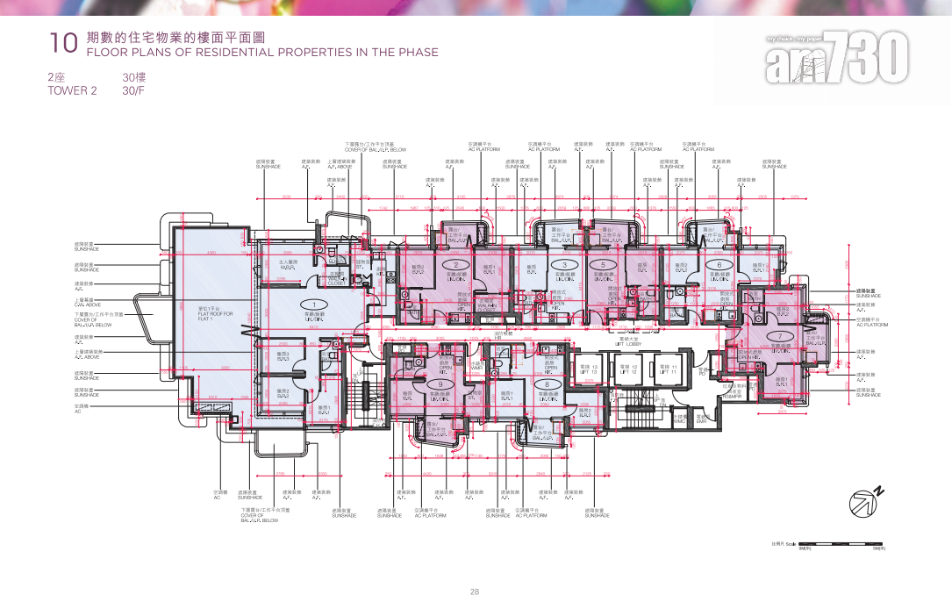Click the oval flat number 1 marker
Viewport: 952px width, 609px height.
(307, 304)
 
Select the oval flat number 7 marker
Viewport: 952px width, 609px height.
(779, 337)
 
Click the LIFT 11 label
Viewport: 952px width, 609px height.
(669, 369)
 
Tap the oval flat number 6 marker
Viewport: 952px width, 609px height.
(719, 264)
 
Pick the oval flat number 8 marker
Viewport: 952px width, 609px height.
(548, 384)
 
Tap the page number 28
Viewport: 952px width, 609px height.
(475, 592)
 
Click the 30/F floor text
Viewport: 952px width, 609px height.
(132, 90)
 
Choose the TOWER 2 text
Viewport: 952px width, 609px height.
(72, 90)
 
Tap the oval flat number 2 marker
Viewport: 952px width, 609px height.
(456, 264)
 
